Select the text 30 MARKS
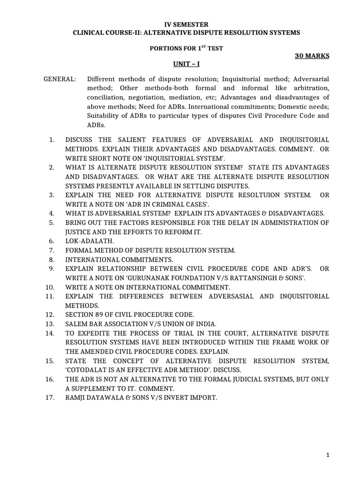click(312, 56)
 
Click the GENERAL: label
click(60, 79)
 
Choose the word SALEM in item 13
click(76, 323)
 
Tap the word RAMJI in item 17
click(76, 397)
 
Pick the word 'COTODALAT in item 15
click(86, 370)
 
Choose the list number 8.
click(52, 259)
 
